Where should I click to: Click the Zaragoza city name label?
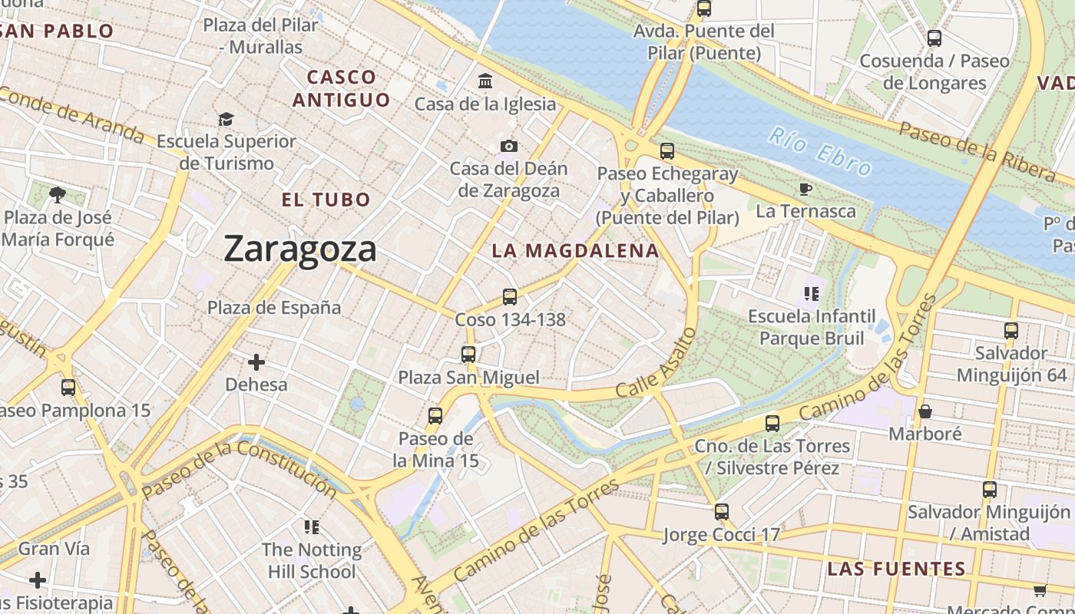[x=300, y=249]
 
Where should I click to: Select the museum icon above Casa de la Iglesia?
[x=485, y=81]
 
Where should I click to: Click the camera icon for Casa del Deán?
[x=508, y=146]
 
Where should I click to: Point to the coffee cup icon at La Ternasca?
[x=805, y=188]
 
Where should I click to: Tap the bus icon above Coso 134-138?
[x=509, y=296]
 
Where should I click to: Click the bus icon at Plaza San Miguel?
[x=468, y=354]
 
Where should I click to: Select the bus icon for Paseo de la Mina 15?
[x=435, y=416]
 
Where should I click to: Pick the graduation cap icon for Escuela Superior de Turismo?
[x=226, y=119]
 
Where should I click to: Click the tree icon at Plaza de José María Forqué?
[x=57, y=194]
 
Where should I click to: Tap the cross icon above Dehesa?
[x=256, y=361]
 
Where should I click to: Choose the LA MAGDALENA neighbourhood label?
[x=575, y=251]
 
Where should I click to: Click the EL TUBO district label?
[x=326, y=200]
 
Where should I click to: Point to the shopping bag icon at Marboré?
[x=925, y=411]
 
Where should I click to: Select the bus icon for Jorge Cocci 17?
[x=721, y=512]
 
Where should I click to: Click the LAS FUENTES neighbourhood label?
[x=896, y=569]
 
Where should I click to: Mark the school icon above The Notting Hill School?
[x=311, y=527]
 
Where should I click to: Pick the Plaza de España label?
[x=274, y=308]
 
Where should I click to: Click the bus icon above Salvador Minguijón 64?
[x=1011, y=331]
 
